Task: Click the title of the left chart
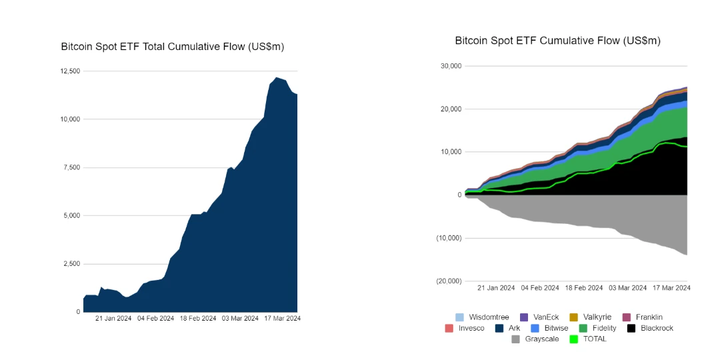point(173,47)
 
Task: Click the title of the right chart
point(557,41)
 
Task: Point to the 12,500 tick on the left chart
point(70,71)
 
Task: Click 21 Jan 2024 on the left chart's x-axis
point(113,319)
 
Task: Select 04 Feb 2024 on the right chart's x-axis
point(539,288)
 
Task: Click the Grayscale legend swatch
point(516,339)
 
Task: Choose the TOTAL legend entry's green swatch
point(573,339)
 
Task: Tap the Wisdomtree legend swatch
point(459,317)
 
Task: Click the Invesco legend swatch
point(449,329)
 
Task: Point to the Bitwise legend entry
point(551,329)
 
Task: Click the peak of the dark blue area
point(277,78)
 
